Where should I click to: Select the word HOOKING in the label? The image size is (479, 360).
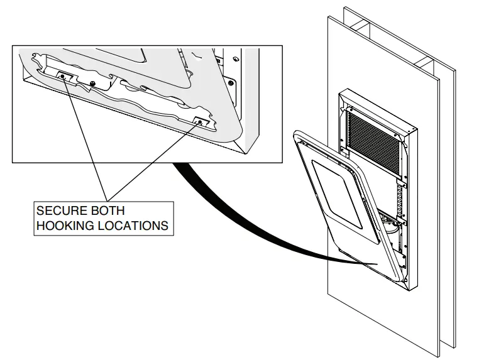point(65,225)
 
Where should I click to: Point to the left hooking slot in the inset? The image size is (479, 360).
point(65,76)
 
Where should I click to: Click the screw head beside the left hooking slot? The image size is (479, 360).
point(92,83)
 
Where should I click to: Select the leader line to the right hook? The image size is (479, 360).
point(151,161)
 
